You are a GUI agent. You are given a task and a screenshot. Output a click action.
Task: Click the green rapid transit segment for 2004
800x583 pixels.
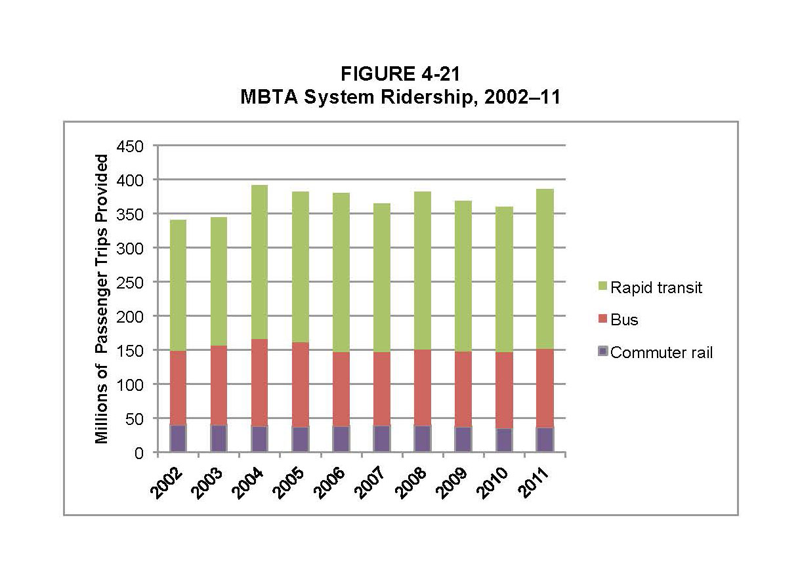pos(259,262)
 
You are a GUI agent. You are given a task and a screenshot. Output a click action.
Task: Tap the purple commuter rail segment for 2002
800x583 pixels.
pos(178,438)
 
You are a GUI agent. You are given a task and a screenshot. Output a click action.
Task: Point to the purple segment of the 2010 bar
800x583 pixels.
pos(503,440)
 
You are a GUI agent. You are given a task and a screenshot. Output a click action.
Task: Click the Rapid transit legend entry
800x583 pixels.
pos(656,288)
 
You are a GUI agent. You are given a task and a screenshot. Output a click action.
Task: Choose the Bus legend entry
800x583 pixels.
pos(623,320)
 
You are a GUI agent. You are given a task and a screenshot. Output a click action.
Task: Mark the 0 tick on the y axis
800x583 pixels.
pos(140,452)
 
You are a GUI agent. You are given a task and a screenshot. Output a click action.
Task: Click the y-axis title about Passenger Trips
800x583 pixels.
pos(102,299)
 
